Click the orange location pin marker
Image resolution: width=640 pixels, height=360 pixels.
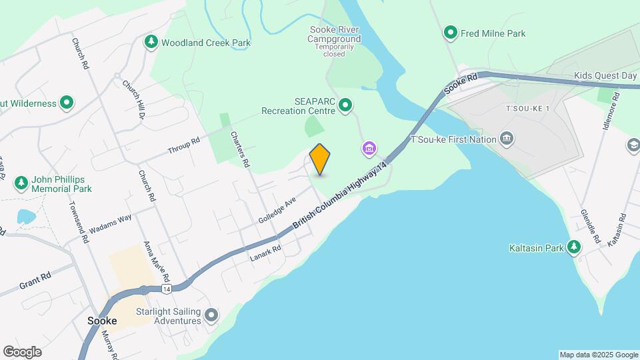[320, 159]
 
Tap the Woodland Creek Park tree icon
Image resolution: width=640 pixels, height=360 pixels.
[151, 43]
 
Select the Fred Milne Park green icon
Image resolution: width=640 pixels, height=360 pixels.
[451, 33]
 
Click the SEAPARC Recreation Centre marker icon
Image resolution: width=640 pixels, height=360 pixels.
[345, 105]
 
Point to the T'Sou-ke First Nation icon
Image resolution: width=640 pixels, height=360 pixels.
[507, 139]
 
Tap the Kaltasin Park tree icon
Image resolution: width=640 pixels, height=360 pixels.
[574, 247]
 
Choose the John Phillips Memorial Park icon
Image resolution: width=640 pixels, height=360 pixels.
[22, 182]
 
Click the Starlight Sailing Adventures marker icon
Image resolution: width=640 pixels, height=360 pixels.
[212, 315]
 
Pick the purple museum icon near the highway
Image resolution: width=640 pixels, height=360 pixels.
[369, 148]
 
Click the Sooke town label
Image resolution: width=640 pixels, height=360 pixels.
[103, 321]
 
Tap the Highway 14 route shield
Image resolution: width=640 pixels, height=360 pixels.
[165, 288]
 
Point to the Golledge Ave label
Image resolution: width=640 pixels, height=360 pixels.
[277, 210]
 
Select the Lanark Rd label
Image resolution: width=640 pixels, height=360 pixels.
[267, 253]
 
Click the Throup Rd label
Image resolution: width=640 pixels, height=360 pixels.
[183, 145]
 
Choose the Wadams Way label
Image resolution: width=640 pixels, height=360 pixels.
[111, 223]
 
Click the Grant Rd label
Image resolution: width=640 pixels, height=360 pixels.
[35, 281]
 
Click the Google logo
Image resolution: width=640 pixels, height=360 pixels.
[22, 352]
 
